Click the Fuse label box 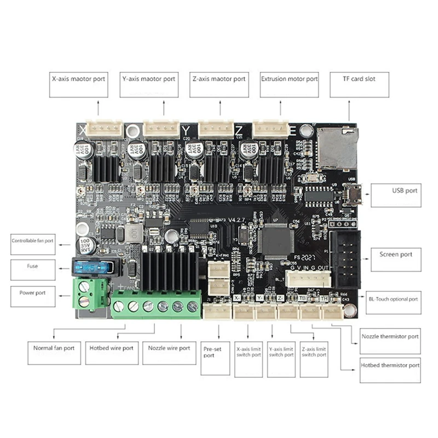[33, 269]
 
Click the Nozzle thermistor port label [390, 336]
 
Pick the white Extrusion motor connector [270, 129]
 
